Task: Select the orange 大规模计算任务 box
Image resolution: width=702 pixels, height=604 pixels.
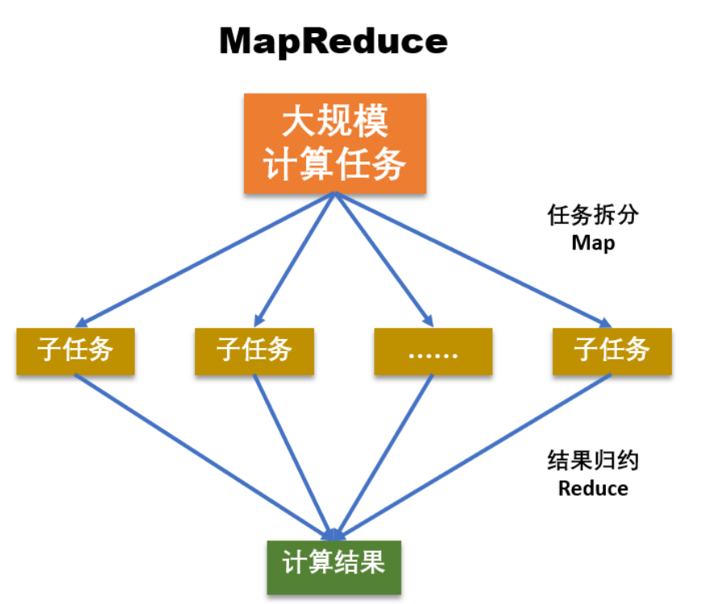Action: [x=334, y=144]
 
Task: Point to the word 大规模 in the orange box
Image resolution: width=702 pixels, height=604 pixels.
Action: [x=334, y=123]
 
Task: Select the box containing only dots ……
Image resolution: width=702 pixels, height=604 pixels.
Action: [x=433, y=351]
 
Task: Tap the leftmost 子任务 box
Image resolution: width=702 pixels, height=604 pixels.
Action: [x=75, y=351]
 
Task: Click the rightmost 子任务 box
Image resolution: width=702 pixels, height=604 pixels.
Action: [x=612, y=351]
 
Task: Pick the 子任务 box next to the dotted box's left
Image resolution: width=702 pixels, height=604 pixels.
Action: [x=254, y=351]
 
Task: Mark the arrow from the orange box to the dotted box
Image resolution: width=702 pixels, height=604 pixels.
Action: [x=380, y=258]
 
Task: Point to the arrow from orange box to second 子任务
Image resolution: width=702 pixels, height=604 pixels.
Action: [x=295, y=258]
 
